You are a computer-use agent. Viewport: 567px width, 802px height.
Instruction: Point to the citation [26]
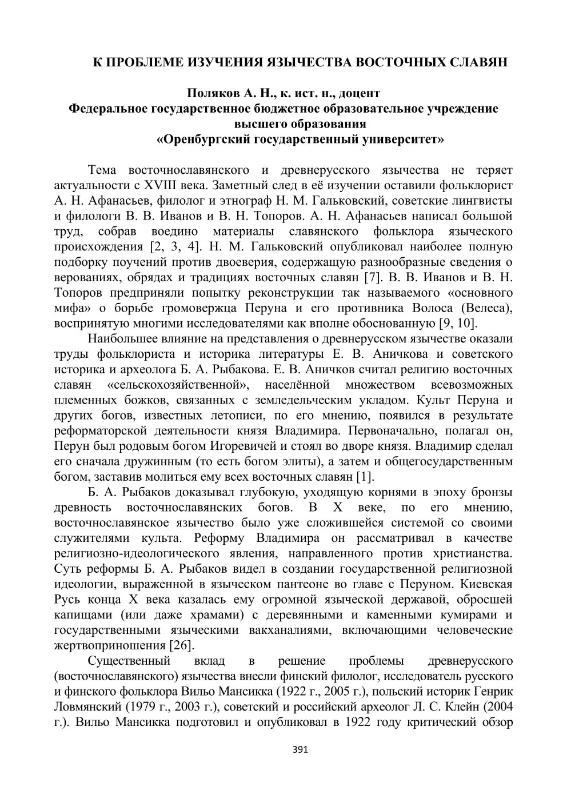pos(182,645)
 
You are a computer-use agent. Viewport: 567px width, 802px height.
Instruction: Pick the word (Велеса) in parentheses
pos(486,309)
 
